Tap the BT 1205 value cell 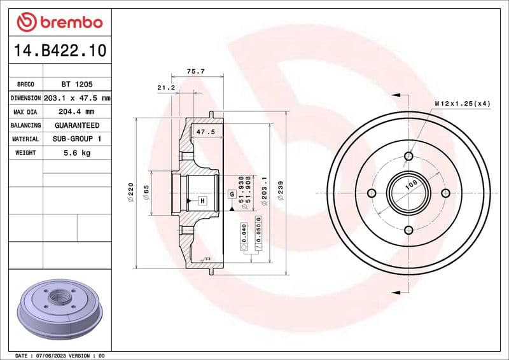(77, 84)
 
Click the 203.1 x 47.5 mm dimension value (77, 98)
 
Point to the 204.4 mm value (77, 112)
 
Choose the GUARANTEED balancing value (77, 125)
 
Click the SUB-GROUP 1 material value (77, 139)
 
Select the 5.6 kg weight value (77, 153)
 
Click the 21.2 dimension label (166, 87)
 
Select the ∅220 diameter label (130, 192)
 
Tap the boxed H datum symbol (202, 201)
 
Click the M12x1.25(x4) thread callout (462, 103)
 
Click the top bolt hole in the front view (408, 156)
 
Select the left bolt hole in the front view (372, 193)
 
